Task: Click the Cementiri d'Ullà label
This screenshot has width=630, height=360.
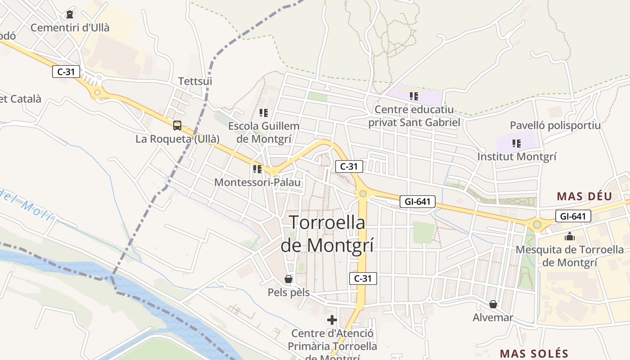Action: [x=70, y=27]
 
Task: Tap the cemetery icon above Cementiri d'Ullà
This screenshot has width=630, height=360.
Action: [x=70, y=14]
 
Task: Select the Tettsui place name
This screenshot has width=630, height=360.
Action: [x=195, y=81]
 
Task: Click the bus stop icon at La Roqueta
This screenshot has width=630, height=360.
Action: [x=177, y=126]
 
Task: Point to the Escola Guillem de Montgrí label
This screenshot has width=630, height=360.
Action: [x=263, y=132]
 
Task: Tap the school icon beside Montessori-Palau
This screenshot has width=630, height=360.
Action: [x=257, y=169]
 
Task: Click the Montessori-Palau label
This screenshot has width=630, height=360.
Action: [x=257, y=182]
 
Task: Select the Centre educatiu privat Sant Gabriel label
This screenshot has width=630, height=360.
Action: [x=414, y=116]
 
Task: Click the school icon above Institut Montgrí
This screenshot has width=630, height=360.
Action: [x=516, y=144]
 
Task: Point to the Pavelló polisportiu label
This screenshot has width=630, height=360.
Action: [x=555, y=125]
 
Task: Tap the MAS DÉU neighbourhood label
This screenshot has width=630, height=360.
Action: [x=585, y=196]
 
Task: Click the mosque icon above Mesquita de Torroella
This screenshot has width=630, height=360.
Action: [x=570, y=236]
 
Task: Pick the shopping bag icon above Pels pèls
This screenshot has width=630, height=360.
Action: [x=288, y=279]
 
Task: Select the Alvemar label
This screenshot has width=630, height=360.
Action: [x=493, y=318]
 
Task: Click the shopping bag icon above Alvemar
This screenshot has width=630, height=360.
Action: [x=493, y=305]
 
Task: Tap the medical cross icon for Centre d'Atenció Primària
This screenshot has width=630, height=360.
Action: [x=332, y=320]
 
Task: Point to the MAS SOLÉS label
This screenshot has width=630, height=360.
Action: [x=534, y=353]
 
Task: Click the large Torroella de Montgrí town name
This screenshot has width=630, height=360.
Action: [x=327, y=234]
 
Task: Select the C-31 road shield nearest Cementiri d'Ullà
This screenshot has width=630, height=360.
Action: [x=66, y=72]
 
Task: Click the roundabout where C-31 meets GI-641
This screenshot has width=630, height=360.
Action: [x=363, y=194]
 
